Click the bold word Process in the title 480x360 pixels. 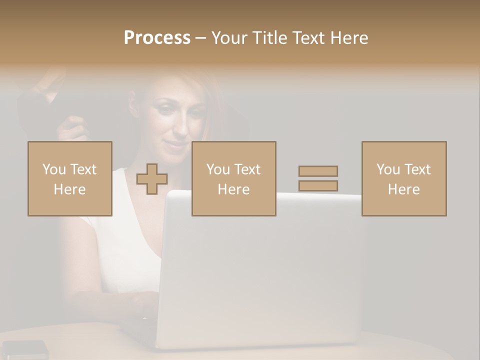(157, 37)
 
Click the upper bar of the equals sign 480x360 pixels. (318, 171)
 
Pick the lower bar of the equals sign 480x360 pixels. (318, 185)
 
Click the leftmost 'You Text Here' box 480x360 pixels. (69, 178)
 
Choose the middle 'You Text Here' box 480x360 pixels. (233, 178)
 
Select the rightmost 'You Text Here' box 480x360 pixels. (403, 178)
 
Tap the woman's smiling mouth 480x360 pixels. (176, 144)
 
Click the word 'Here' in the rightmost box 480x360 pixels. (403, 189)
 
